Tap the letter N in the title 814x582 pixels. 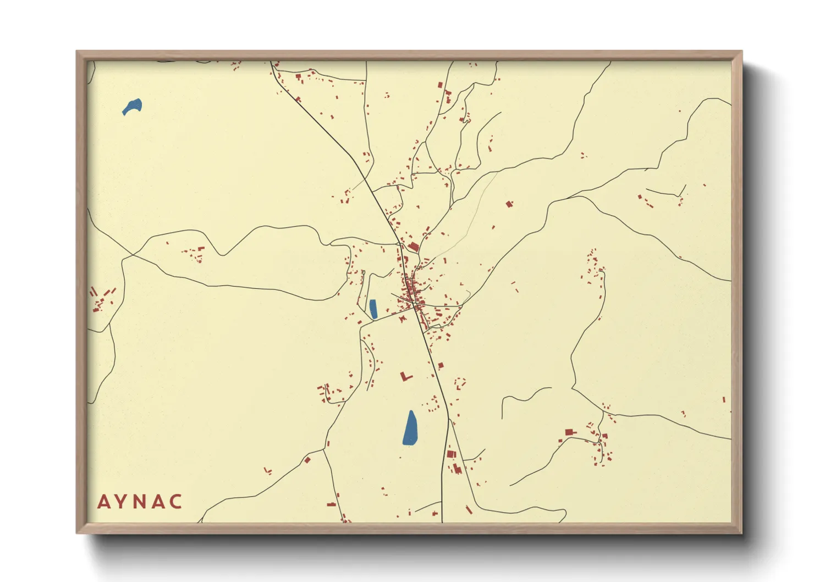(x=140, y=502)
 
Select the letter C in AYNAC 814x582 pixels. (x=176, y=502)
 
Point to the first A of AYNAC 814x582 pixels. (x=103, y=502)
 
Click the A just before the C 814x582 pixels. (x=158, y=502)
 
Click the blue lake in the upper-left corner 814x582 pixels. (x=133, y=106)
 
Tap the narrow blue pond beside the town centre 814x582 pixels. (x=373, y=309)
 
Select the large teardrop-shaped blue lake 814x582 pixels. (x=410, y=428)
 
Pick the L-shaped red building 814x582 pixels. (x=405, y=376)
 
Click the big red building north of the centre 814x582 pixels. (x=413, y=246)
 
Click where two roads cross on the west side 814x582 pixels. (x=132, y=255)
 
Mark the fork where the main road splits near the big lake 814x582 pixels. (x=448, y=421)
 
